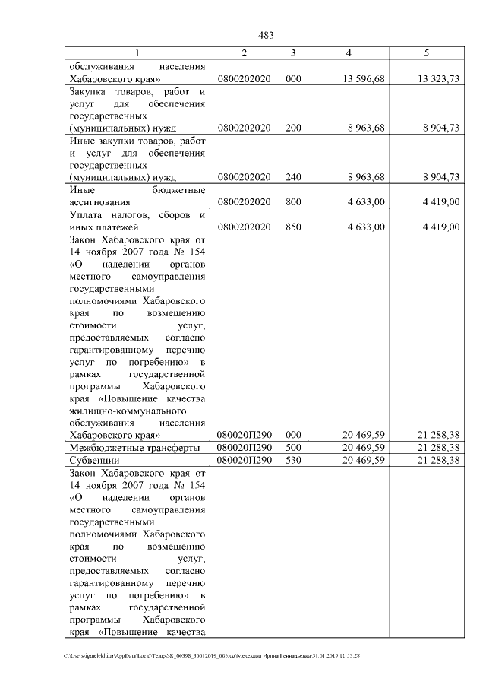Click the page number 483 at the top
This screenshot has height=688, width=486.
(266, 36)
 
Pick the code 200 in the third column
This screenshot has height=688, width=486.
(293, 128)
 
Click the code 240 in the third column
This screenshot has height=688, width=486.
(293, 178)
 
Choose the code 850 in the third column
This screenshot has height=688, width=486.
(293, 227)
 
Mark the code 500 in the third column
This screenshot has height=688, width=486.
(293, 448)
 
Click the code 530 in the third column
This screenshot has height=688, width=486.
(293, 461)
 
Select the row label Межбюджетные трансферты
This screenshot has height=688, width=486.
(134, 448)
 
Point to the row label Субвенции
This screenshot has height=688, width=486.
(94, 461)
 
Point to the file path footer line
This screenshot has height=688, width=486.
(213, 655)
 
